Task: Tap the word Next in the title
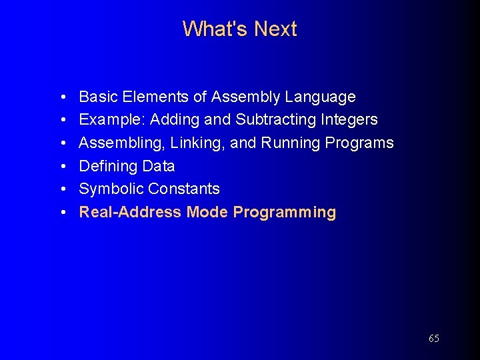pyautogui.click(x=275, y=29)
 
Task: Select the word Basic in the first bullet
pyautogui.click(x=97, y=97)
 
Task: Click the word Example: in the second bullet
pyautogui.click(x=112, y=120)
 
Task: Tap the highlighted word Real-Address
pyautogui.click(x=130, y=213)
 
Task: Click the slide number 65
pyautogui.click(x=433, y=339)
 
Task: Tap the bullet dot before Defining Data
pyautogui.click(x=61, y=167)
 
